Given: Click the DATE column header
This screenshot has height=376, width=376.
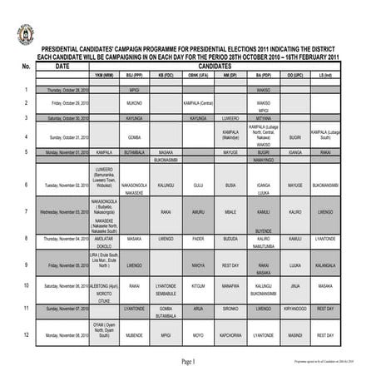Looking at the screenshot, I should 62,65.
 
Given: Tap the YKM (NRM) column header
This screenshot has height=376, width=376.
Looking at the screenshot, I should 104,74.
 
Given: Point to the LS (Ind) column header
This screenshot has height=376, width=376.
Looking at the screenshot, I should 325,74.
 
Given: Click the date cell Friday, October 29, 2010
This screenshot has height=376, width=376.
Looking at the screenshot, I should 68,103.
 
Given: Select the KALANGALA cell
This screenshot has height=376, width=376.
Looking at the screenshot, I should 325,265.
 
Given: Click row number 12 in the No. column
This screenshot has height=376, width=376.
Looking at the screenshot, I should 27,334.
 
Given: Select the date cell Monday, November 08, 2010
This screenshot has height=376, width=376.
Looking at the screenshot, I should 68,335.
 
